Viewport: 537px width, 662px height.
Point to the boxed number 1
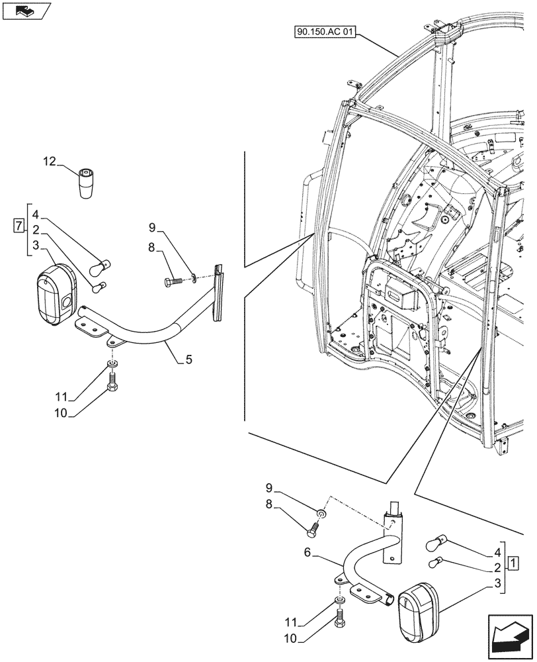(x=513, y=563)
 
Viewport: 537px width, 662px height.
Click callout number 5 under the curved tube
(x=188, y=360)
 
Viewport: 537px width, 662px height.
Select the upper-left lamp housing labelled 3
(x=55, y=295)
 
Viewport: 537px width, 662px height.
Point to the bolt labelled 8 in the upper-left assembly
(x=172, y=281)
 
